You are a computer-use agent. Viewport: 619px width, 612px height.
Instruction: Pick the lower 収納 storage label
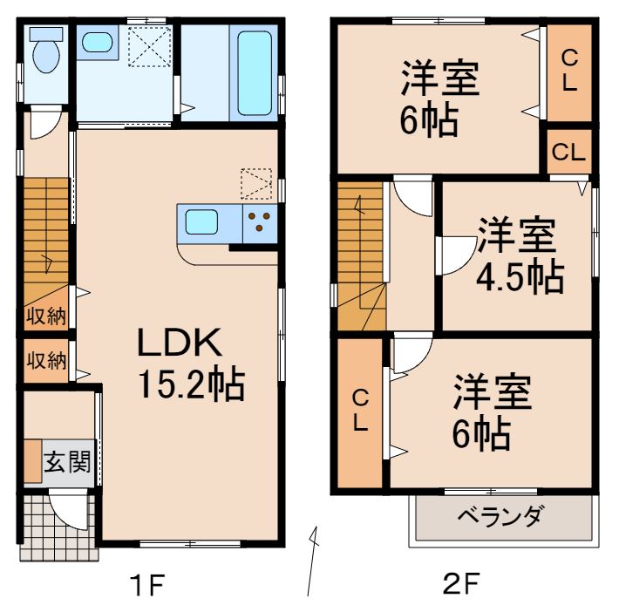click(45, 361)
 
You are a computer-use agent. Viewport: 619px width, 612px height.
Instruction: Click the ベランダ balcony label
click(500, 517)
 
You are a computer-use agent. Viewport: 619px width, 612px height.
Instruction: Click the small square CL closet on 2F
click(568, 152)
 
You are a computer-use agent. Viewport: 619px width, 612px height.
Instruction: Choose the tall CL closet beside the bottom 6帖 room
click(360, 411)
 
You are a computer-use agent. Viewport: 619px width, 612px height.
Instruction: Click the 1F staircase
click(45, 231)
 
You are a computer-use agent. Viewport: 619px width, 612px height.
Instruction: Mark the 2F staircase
click(360, 257)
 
